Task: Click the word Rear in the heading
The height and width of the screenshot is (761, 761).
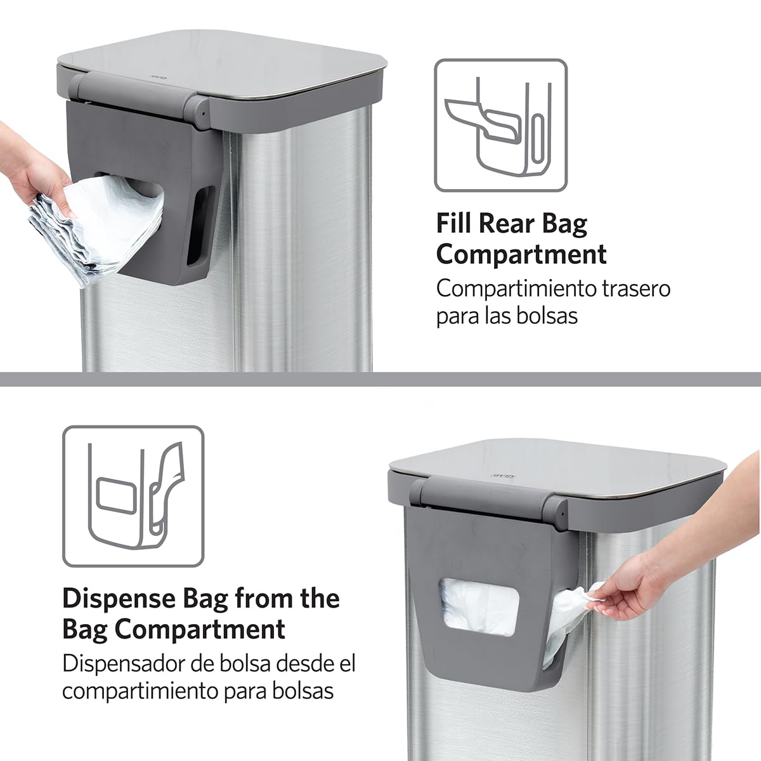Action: tap(507, 223)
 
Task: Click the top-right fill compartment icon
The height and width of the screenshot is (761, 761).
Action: tap(500, 126)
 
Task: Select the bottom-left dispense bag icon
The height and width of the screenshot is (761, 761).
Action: tap(133, 496)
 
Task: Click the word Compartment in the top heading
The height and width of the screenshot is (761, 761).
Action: tap(521, 255)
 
